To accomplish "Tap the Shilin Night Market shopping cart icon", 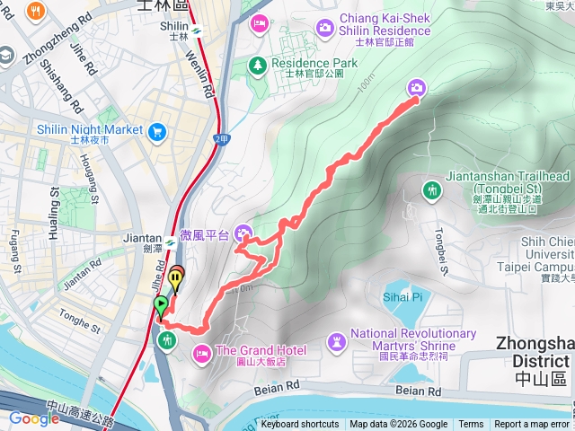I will click(157, 132).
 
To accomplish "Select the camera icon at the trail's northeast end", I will click(417, 87).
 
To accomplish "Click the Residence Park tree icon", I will click(258, 65).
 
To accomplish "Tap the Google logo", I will click(33, 418).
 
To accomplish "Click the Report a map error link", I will click(532, 425).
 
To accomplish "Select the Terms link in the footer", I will click(471, 425).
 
